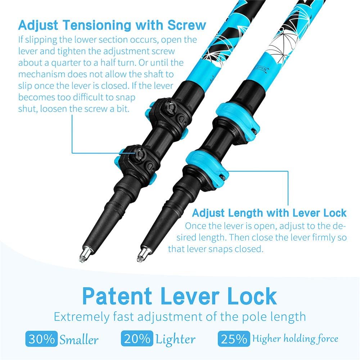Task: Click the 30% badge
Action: (x=41, y=339)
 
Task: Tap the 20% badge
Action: (x=137, y=338)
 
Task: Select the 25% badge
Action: (x=234, y=338)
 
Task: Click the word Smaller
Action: (x=79, y=339)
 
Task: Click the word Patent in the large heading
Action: (x=117, y=297)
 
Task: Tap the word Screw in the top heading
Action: (x=186, y=25)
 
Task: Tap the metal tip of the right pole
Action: (x=142, y=254)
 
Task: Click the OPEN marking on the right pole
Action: (x=261, y=68)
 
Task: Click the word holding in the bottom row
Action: (x=298, y=339)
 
